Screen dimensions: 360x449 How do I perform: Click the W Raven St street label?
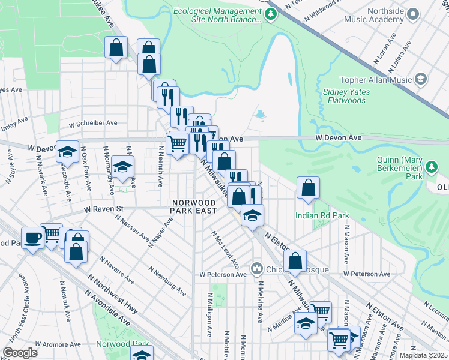pos(103,209)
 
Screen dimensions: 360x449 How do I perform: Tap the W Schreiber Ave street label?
pos(93,123)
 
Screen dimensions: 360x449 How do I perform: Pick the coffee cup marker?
pos(32,238)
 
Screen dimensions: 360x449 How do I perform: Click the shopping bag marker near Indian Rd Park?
pos(308,188)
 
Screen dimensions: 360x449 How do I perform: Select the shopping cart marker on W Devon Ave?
pos(177,144)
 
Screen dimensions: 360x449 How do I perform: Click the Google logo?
pos(20,353)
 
